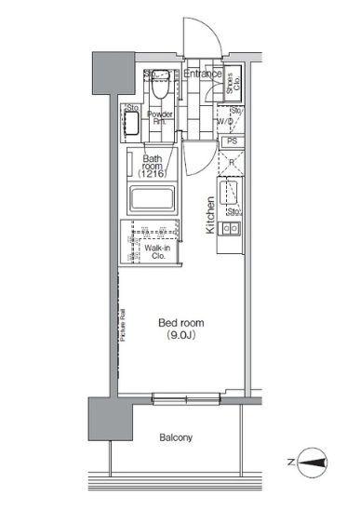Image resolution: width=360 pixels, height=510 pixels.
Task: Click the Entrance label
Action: tap(202, 74)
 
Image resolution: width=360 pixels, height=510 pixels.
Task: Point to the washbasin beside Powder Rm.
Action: tap(131, 123)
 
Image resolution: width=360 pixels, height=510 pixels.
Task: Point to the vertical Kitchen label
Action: tap(211, 215)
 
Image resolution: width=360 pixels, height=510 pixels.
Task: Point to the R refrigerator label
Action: tap(230, 160)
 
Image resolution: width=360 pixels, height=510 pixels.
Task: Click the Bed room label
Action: tap(174, 323)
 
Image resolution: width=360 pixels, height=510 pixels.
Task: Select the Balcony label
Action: tap(174, 436)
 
